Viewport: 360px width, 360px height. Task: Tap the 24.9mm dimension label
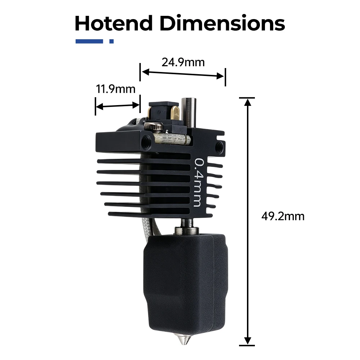coord(183,62)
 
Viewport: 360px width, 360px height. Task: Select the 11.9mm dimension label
coord(116,89)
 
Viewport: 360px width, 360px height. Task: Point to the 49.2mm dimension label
coord(283,216)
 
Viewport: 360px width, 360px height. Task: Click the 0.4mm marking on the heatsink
coord(198,183)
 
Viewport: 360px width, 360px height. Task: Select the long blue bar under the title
coord(89,41)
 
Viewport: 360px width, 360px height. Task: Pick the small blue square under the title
coord(112,41)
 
